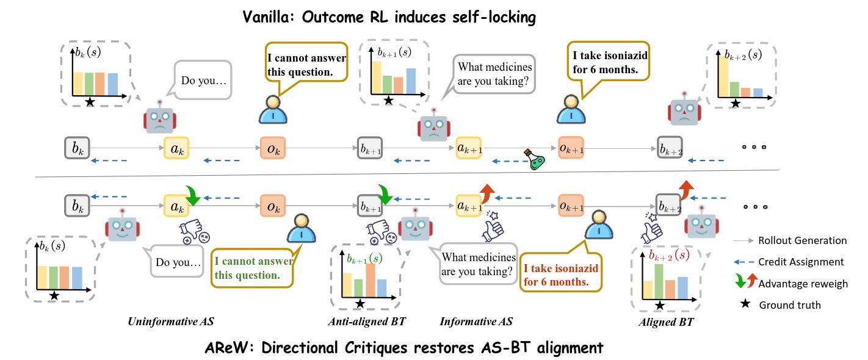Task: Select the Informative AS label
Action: [x=476, y=322]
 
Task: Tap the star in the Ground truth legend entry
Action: [x=743, y=304]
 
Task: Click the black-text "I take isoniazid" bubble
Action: [x=608, y=62]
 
